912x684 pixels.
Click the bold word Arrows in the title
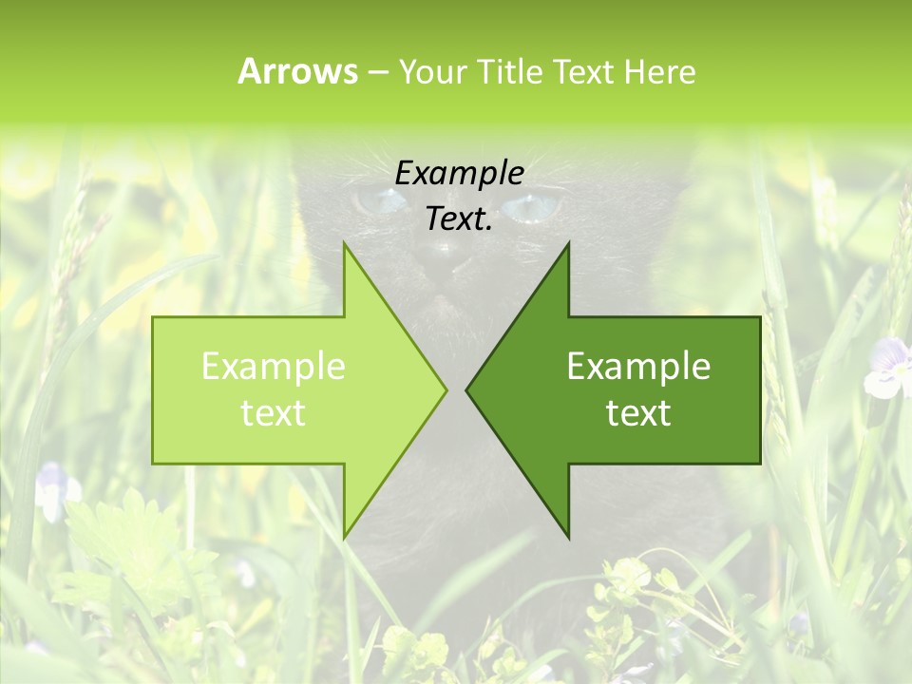pyautogui.click(x=297, y=71)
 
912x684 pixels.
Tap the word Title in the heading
pyautogui.click(x=509, y=72)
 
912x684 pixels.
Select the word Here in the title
pyautogui.click(x=659, y=72)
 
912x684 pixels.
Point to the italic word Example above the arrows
pyautogui.click(x=459, y=174)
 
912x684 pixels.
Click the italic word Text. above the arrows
pyautogui.click(x=459, y=219)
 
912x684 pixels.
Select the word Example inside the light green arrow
pyautogui.click(x=273, y=367)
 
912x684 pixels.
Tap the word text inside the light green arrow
pyautogui.click(x=273, y=413)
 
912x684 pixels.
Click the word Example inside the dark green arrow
pyautogui.click(x=638, y=367)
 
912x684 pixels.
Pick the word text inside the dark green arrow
pyautogui.click(x=638, y=413)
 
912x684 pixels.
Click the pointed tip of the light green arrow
pyautogui.click(x=445, y=389)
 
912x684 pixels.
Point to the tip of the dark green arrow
pyautogui.click(x=467, y=389)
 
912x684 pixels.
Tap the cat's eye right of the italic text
pyautogui.click(x=528, y=206)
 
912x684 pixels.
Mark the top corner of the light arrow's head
pyautogui.click(x=344, y=244)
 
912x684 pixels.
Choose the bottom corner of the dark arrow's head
pyautogui.click(x=568, y=538)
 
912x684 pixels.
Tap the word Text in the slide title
pyautogui.click(x=584, y=72)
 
